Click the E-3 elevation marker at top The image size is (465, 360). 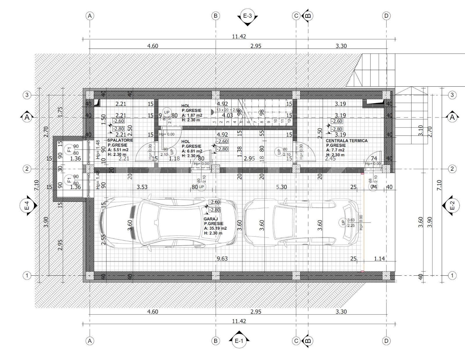[247, 16]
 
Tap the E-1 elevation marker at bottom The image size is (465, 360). [239, 341]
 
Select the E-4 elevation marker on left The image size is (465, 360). [27, 206]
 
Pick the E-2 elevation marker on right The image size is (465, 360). [452, 206]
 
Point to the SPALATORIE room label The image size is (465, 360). [120, 140]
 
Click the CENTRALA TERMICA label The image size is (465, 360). [346, 141]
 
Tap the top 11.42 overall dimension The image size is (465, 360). [239, 37]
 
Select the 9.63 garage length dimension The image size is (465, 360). [222, 259]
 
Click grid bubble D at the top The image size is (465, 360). [386, 16]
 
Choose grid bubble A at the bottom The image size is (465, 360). [90, 341]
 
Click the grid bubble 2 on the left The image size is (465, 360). [27, 169]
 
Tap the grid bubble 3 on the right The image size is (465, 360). [452, 95]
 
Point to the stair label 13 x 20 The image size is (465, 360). [228, 110]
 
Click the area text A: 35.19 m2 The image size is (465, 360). [215, 228]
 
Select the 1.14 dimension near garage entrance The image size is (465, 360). [379, 259]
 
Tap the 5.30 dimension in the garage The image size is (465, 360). [281, 187]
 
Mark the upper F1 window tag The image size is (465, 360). [69, 149]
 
